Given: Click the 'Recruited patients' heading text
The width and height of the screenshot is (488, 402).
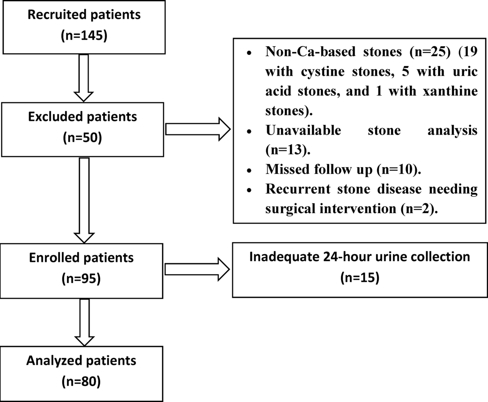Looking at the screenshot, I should tap(84, 15).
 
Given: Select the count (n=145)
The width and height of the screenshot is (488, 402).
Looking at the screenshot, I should tap(84, 35).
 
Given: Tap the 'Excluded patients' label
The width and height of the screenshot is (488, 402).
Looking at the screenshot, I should tap(83, 117).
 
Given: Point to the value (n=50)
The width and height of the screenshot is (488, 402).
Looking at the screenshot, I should tap(82, 137).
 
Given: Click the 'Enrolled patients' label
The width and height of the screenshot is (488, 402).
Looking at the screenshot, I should tap(81, 258).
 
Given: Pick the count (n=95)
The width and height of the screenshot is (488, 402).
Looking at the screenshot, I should tap(81, 279).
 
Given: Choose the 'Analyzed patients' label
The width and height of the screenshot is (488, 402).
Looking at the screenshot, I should tap(81, 361).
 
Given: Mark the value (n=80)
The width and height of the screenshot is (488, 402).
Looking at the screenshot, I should tap(81, 381).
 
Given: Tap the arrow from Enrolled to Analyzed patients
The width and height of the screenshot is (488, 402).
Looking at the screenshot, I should tap(84, 322).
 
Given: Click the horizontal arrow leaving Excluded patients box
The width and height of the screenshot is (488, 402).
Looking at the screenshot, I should tap(198, 130).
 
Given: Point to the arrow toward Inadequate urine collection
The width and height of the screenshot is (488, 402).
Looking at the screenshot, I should tap(197, 270).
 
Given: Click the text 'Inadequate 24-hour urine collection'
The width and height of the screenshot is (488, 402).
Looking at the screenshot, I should tap(359, 257).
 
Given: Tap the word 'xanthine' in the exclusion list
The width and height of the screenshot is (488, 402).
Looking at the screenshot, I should tap(450, 91).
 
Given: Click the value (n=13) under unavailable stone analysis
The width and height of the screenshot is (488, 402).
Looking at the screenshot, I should tap(288, 150).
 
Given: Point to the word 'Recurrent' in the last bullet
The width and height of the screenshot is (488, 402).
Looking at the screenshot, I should tap(298, 189).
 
